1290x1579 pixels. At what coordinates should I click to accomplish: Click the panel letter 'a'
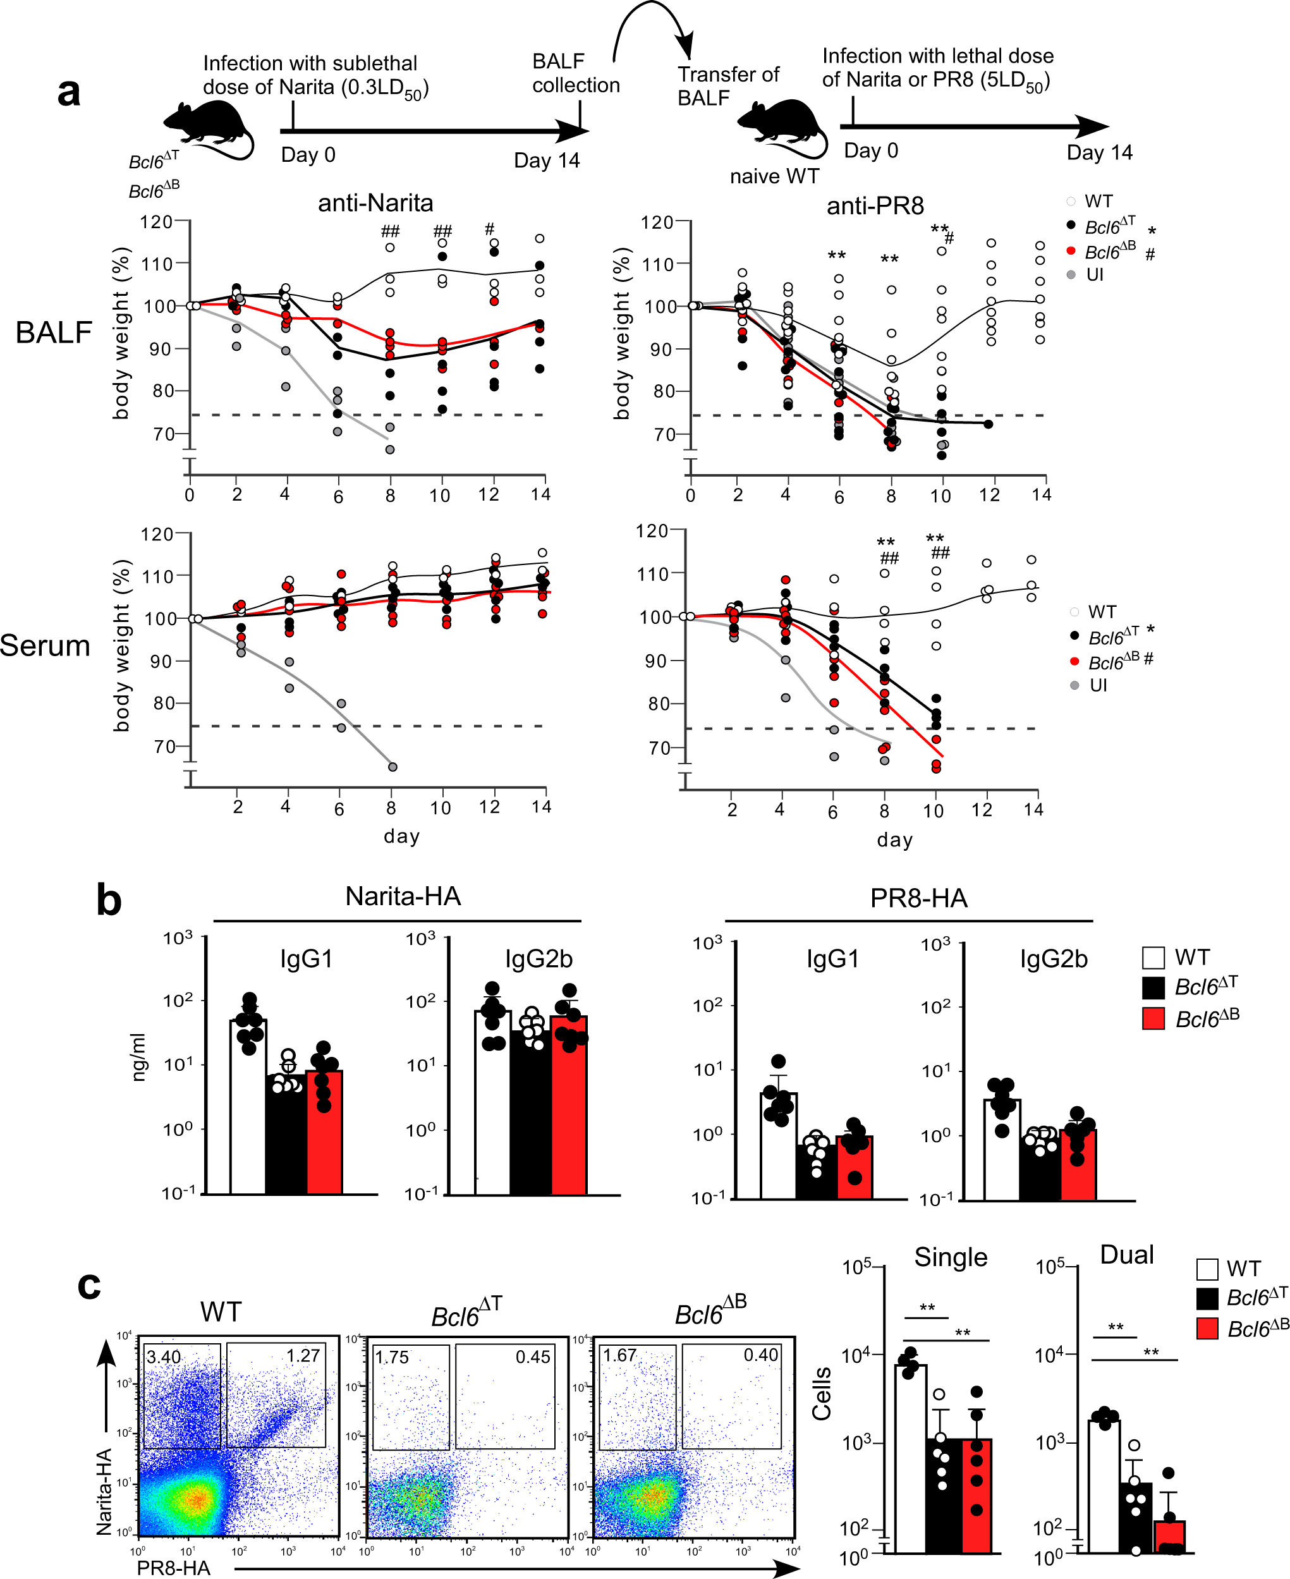(x=68, y=93)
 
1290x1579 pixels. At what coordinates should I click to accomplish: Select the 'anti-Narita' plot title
(x=375, y=203)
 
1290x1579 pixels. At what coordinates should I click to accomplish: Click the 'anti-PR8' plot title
(x=875, y=206)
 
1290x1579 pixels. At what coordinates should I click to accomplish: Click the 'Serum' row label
(x=45, y=645)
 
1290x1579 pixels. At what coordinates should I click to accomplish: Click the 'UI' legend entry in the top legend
(x=1094, y=275)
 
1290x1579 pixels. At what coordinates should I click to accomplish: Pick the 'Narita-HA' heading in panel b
(x=403, y=896)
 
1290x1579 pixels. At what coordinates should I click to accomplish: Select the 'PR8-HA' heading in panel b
(x=918, y=898)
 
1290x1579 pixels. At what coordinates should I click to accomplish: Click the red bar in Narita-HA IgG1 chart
(x=325, y=1133)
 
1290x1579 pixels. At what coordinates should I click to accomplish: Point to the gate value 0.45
(x=533, y=1357)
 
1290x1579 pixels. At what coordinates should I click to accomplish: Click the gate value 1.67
(x=620, y=1355)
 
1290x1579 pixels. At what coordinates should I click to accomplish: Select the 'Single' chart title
(x=951, y=1257)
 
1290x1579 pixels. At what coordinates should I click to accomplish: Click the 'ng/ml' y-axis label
(x=139, y=1057)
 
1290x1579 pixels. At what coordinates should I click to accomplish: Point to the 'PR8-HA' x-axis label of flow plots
(x=174, y=1568)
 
